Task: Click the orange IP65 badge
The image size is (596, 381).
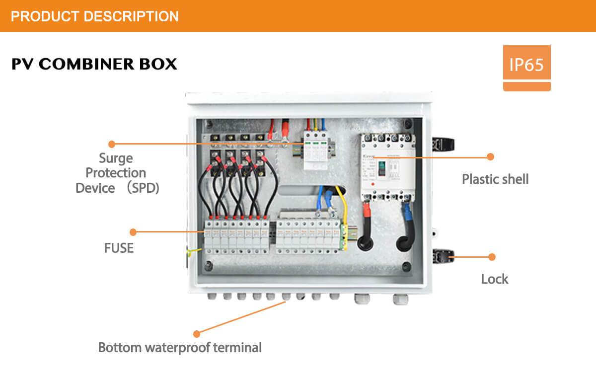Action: click(526, 63)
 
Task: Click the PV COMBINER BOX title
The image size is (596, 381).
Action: click(94, 64)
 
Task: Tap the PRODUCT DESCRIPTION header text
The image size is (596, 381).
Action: click(94, 16)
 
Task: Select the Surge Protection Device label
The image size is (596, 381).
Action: click(117, 173)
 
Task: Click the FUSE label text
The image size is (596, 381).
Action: click(119, 248)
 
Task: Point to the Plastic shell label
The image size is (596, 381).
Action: click(495, 179)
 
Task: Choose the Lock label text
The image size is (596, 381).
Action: click(494, 279)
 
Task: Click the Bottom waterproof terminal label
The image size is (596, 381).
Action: click(180, 347)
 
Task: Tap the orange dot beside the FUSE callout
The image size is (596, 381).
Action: click(133, 232)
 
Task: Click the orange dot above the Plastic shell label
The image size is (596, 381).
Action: click(490, 157)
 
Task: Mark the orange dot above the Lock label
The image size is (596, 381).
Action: click(492, 257)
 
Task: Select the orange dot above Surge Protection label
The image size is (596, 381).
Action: click(112, 144)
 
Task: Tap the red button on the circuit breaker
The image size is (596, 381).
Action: click(372, 185)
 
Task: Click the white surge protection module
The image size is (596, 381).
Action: click(316, 149)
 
